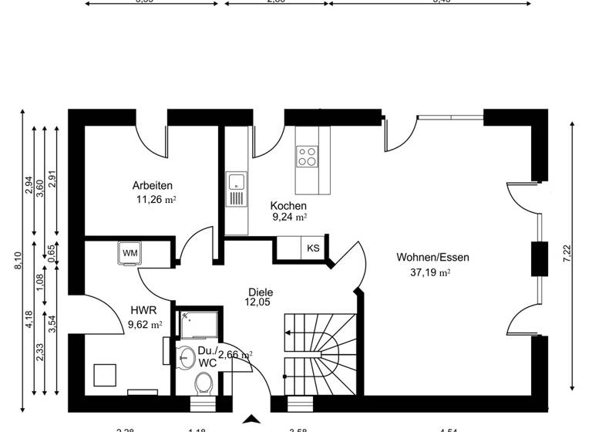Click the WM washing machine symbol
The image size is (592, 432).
129,252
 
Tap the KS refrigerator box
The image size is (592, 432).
313,248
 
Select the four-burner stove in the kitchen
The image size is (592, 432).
307,157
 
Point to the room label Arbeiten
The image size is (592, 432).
152,185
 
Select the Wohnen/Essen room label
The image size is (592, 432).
432,258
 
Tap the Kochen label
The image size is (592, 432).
288,206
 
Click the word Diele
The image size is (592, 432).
261,292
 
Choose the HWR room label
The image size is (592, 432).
144,311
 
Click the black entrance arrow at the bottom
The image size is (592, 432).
252,420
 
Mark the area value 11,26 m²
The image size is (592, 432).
156,199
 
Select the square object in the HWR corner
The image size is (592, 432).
105,375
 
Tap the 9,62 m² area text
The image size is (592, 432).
146,324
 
